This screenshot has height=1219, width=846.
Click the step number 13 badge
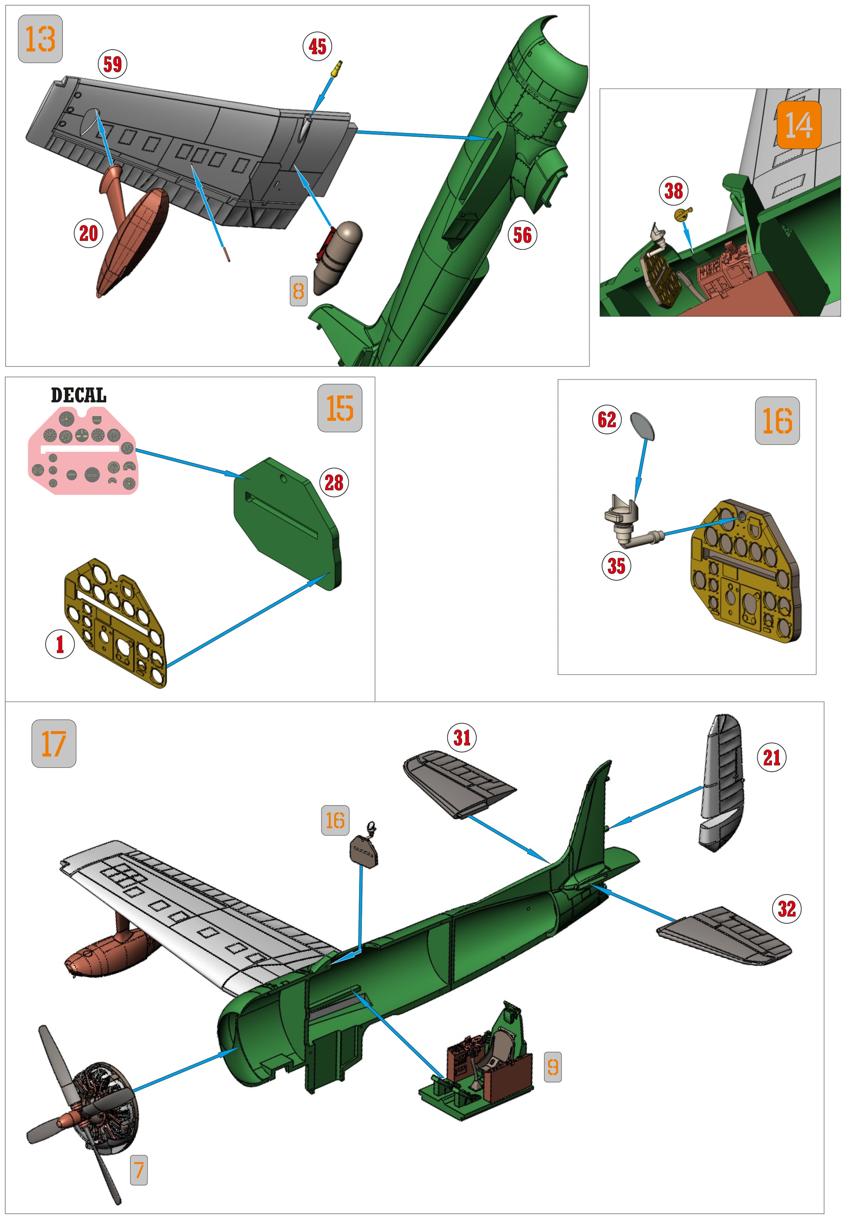[x=40, y=39]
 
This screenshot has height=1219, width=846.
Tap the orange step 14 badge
[x=798, y=125]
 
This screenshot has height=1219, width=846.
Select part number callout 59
[x=112, y=65]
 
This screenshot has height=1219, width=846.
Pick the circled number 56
[x=522, y=235]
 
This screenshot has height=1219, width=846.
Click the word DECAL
[x=78, y=395]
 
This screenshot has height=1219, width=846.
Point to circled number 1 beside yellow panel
[x=59, y=644]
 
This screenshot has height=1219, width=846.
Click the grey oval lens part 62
[x=642, y=426]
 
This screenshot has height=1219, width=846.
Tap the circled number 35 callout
[x=616, y=566]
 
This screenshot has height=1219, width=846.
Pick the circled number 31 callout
[x=462, y=737]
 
